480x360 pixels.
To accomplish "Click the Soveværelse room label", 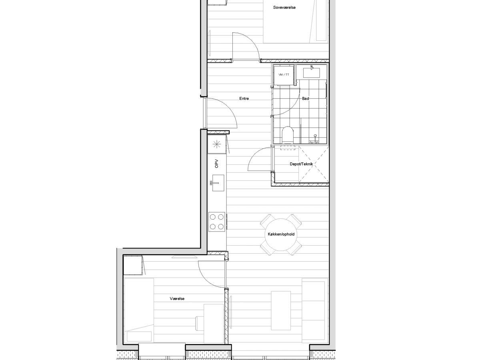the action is coord(284,8).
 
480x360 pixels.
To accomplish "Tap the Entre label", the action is coord(244,98).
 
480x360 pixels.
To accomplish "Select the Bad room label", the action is coord(306,98).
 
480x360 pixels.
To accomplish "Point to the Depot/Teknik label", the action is coord(301,164).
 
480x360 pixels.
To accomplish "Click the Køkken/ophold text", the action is coord(281,234).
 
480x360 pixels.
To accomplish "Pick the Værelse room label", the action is coord(177,298).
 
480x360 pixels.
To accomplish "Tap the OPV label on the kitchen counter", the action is coord(217,164).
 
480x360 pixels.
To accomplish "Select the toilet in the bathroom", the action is coord(288,135).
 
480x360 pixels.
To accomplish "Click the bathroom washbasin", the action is coord(311,72).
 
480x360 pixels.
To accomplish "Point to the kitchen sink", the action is coord(218,183).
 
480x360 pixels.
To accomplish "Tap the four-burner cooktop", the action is coord(217,222).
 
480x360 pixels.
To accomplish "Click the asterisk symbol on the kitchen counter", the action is coord(217,144).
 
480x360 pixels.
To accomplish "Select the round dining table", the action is coord(281,234).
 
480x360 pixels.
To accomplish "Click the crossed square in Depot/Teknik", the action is coord(314,164).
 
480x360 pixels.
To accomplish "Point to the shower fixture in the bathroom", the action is coord(315,139).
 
